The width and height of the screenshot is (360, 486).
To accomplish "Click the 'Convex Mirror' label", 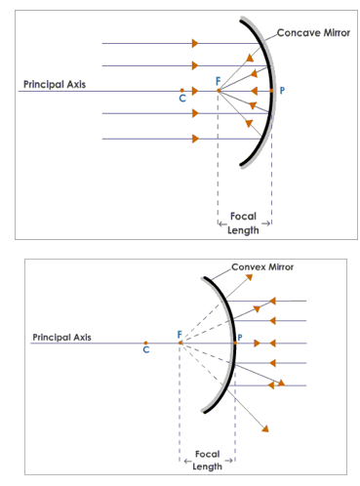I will pyautogui.click(x=262, y=266).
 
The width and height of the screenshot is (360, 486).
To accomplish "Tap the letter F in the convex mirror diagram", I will pyautogui.click(x=179, y=335).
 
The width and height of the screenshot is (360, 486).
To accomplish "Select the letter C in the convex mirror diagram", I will pyautogui.click(x=146, y=350).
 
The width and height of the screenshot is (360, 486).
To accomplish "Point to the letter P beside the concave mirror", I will pyautogui.click(x=283, y=91).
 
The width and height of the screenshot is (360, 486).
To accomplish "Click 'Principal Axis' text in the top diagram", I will pyautogui.click(x=55, y=85).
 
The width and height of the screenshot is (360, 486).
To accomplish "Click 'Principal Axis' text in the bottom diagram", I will pyautogui.click(x=61, y=337).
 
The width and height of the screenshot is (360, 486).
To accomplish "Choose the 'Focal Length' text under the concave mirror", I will pyautogui.click(x=244, y=223).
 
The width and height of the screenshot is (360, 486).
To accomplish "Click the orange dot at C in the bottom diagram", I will pyautogui.click(x=145, y=343).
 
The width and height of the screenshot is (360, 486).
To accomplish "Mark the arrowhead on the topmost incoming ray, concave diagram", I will pyautogui.click(x=195, y=43).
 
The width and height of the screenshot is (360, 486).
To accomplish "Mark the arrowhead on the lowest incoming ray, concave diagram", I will pyautogui.click(x=195, y=139).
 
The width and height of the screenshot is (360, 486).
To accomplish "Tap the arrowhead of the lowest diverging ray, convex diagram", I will pyautogui.click(x=265, y=427).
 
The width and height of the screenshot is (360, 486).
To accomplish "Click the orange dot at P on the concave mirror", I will pyautogui.click(x=272, y=91).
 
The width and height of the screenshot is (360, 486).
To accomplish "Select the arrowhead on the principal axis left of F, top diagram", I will pyautogui.click(x=195, y=91).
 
